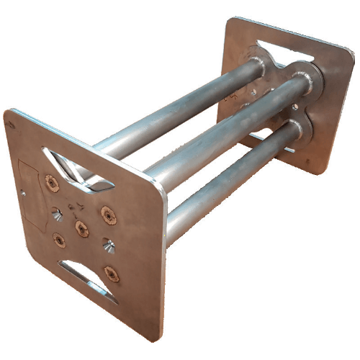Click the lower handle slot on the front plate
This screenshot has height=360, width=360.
(x=90, y=279)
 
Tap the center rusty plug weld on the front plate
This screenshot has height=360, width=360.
(x=81, y=228)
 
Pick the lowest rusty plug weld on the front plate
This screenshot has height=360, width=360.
(x=110, y=273)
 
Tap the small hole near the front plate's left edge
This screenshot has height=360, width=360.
(x=24, y=192)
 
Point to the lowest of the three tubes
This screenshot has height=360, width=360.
(x=230, y=180)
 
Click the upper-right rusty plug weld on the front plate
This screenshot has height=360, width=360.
(x=107, y=214)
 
